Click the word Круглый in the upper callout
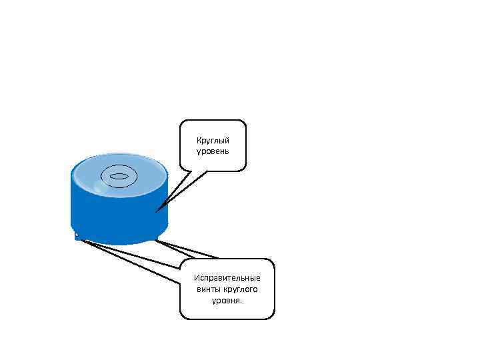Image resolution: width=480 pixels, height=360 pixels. coord(213,140)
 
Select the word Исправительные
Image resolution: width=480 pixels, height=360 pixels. coord(227,277)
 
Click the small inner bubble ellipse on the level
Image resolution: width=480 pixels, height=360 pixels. coord(119,177)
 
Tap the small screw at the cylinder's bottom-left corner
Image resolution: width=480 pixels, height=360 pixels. coord(77,235)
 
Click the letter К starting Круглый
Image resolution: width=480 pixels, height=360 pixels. coord(199,140)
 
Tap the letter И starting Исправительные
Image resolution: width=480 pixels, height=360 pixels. coord(196,277)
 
